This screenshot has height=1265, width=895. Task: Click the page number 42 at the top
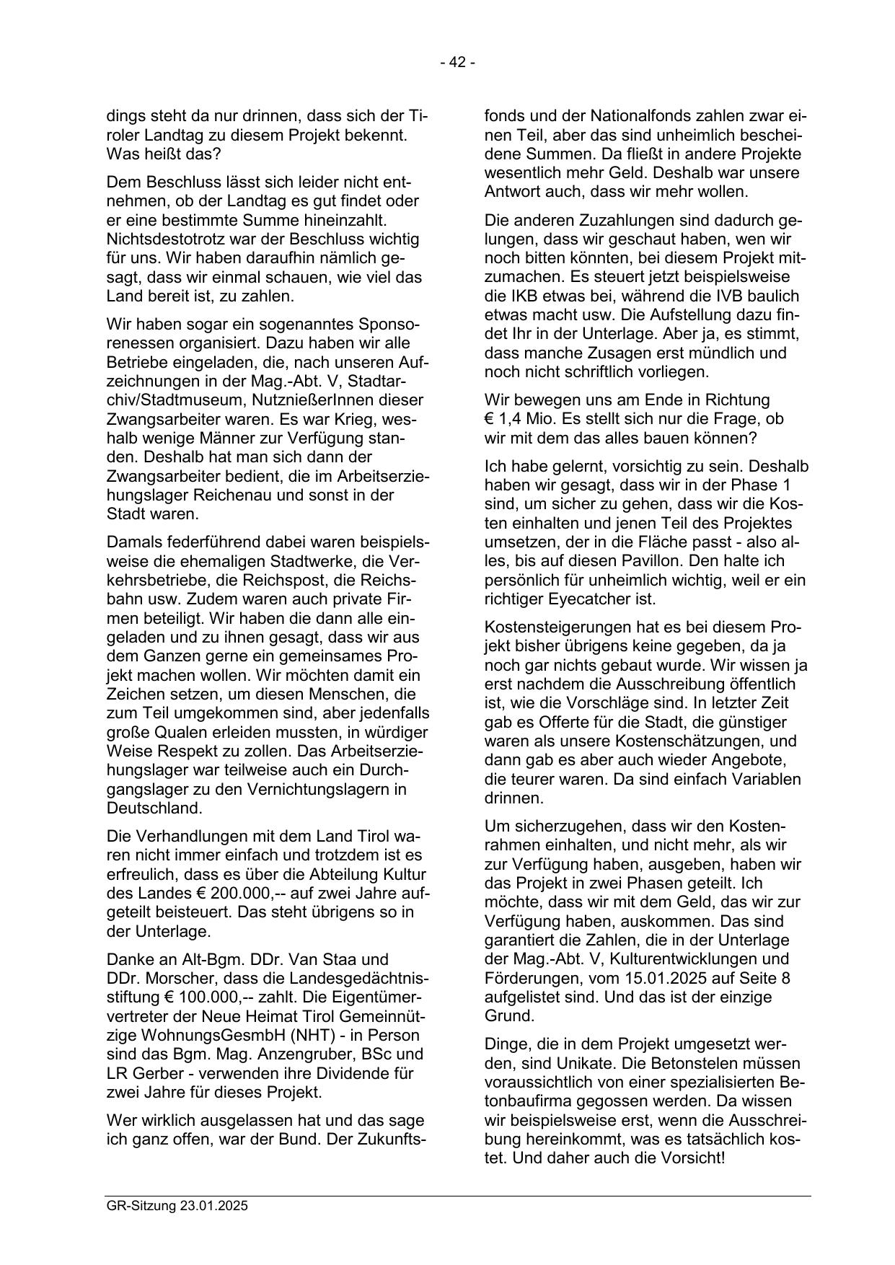click(x=457, y=63)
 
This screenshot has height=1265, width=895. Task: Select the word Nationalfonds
click(x=639, y=116)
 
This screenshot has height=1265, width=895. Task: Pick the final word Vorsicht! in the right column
click(x=690, y=1158)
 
